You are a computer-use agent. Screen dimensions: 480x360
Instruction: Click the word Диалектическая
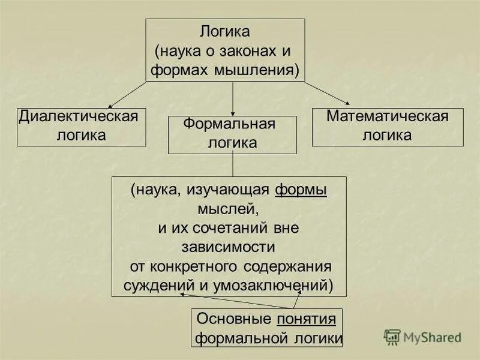click(79, 116)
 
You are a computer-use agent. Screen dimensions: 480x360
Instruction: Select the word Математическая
click(387, 116)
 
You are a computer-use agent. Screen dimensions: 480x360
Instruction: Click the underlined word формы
click(301, 190)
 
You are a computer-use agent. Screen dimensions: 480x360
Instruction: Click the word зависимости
click(229, 247)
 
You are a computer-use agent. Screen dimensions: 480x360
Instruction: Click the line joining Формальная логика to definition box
click(233, 165)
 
